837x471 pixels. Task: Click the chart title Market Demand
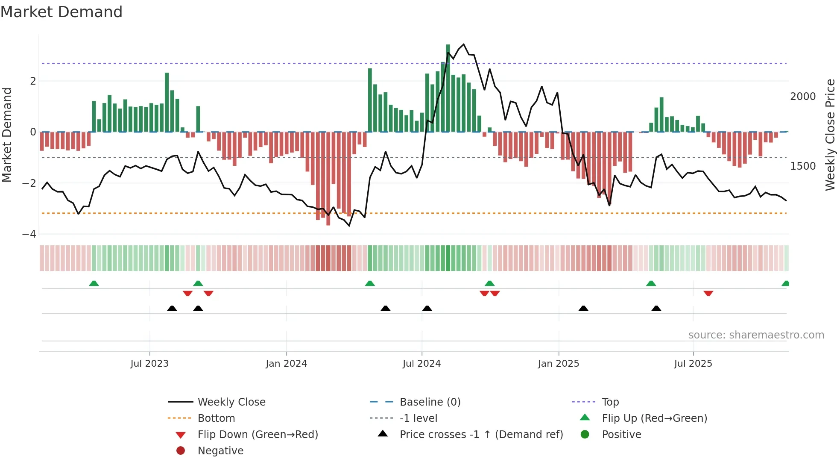(x=61, y=12)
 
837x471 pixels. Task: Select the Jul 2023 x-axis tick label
(x=149, y=364)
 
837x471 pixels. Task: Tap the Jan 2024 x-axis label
(x=286, y=364)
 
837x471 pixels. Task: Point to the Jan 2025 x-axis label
(x=558, y=364)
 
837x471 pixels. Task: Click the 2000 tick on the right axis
(x=802, y=97)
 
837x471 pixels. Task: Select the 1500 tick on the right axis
(x=802, y=166)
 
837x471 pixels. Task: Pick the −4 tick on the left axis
(x=29, y=234)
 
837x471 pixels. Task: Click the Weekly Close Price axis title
(x=830, y=135)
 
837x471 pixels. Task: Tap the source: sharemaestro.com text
(x=756, y=335)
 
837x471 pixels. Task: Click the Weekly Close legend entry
(x=231, y=402)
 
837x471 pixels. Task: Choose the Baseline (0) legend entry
(x=430, y=402)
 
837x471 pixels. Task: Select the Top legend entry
(x=610, y=402)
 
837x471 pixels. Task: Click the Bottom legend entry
(x=216, y=418)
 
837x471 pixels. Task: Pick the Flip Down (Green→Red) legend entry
(x=258, y=435)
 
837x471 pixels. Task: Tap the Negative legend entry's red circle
(x=181, y=451)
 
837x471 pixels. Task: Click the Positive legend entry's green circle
(x=585, y=435)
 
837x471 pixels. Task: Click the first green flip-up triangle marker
(x=94, y=283)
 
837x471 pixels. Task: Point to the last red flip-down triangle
(x=708, y=293)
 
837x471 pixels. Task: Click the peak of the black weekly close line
(x=464, y=44)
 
